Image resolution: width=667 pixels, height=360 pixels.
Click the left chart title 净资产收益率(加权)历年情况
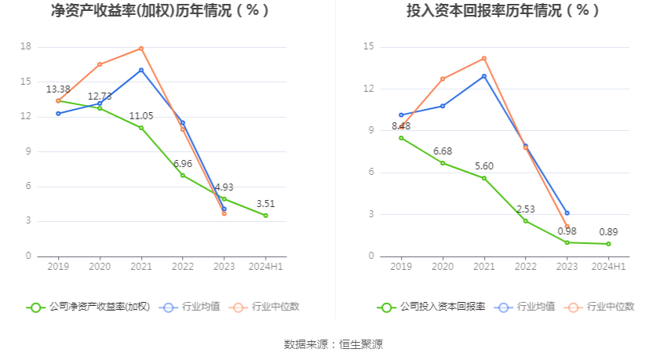click(160, 11)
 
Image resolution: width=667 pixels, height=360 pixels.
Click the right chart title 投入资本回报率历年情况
click(503, 11)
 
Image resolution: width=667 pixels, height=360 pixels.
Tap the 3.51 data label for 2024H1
click(266, 204)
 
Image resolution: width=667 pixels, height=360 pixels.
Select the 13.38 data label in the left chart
click(58, 89)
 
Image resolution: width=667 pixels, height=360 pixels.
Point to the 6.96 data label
click(183, 164)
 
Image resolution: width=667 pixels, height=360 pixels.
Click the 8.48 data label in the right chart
click(400, 126)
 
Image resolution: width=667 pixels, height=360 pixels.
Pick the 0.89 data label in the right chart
click(608, 232)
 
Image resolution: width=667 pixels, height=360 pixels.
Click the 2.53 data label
click(525, 209)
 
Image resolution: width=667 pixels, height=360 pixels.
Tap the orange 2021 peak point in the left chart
click(141, 49)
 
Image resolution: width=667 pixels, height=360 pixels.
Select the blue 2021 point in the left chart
click(141, 70)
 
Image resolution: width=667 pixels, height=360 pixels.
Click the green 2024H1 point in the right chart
click(608, 244)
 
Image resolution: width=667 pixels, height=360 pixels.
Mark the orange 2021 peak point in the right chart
click(484, 58)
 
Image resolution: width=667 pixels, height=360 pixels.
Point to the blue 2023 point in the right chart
click(567, 213)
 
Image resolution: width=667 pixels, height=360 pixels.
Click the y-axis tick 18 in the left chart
click(26, 47)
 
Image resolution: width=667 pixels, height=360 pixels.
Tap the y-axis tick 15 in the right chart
click(369, 47)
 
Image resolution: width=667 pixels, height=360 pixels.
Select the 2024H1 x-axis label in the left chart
click(266, 267)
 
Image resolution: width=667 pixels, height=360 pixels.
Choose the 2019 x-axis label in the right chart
click(401, 267)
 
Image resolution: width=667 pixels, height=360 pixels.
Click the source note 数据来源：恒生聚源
click(333, 344)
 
